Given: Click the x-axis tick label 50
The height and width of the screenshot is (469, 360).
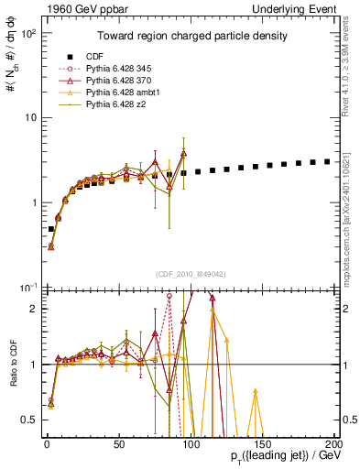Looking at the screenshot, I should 118,444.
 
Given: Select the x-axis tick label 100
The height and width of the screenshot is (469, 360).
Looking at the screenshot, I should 191,444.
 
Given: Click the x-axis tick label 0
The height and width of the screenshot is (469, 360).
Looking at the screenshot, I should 46,444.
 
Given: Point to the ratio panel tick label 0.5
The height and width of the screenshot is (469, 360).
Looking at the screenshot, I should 31,420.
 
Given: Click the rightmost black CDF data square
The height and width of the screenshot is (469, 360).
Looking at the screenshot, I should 327,161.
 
